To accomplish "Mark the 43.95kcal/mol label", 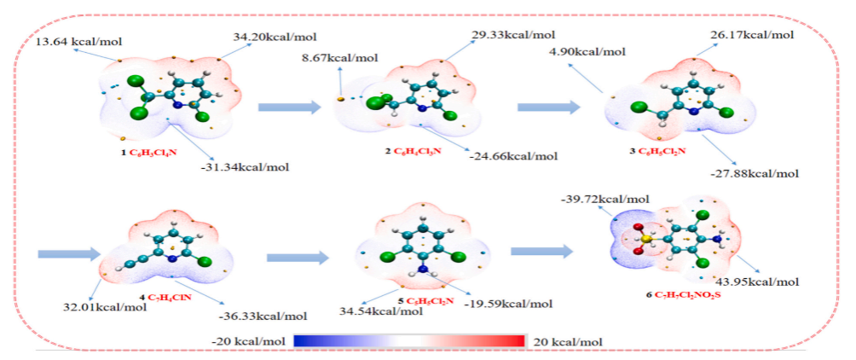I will click(758, 282).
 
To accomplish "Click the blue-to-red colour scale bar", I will click(409, 341).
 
